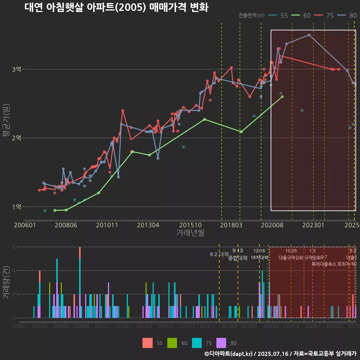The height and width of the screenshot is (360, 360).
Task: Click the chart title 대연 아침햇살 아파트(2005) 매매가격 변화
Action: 116,7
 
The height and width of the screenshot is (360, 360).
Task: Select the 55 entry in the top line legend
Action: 279,15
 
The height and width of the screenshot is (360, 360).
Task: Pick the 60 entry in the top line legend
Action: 302,15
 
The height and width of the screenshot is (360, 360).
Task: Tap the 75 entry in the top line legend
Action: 325,15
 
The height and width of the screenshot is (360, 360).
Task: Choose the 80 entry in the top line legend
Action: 348,15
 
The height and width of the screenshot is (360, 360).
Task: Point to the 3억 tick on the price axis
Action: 16,69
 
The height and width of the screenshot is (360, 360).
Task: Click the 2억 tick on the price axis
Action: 16,138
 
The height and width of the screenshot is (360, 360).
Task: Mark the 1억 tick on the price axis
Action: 16,207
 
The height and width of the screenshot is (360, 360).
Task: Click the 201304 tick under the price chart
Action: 148,225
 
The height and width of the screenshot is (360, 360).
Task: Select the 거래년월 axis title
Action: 190,232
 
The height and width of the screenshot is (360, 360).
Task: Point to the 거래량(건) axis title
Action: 6,282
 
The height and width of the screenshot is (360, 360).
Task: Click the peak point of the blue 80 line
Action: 309,35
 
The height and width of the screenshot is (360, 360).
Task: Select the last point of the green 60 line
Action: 282,97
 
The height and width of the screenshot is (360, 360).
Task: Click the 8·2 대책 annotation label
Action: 219,254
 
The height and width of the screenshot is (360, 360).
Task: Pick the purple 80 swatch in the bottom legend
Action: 222,343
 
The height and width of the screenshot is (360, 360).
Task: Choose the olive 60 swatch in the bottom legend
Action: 172,343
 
